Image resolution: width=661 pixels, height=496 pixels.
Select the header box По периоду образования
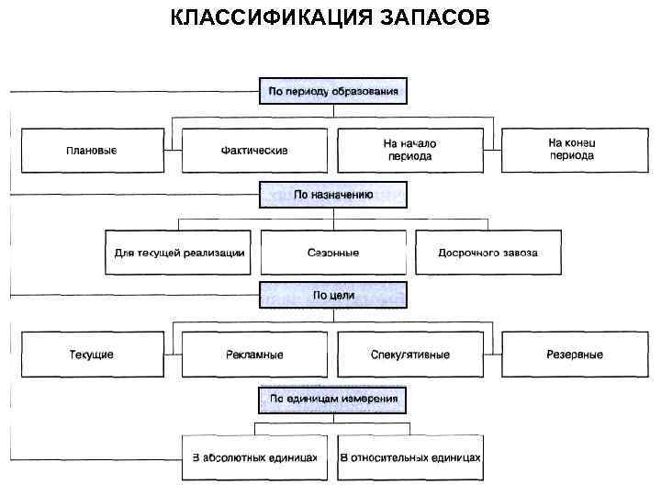[x=333, y=91]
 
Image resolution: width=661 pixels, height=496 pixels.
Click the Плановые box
[x=92, y=151]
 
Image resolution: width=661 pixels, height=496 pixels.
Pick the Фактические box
[x=254, y=151]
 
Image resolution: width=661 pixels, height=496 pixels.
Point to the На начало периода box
[x=409, y=150]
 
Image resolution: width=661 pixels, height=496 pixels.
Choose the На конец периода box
[x=571, y=150]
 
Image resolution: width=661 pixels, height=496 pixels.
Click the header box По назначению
[x=333, y=195]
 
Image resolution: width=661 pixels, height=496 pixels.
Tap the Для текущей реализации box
[x=180, y=253]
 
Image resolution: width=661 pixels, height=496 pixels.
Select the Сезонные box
[x=333, y=253]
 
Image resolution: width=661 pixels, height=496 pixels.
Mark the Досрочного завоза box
[x=487, y=253]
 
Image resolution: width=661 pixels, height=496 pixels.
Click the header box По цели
[x=333, y=296]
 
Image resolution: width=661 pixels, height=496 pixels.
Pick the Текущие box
[x=92, y=355]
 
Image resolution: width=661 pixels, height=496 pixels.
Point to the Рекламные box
[x=254, y=355]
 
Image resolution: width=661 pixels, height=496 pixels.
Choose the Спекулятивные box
[x=409, y=355]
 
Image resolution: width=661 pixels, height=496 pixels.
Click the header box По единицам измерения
[x=333, y=400]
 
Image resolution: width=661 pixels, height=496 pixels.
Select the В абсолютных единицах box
[x=254, y=457]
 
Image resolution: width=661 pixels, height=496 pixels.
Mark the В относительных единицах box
[x=409, y=457]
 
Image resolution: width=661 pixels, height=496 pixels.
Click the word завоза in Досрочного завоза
[x=519, y=253]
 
